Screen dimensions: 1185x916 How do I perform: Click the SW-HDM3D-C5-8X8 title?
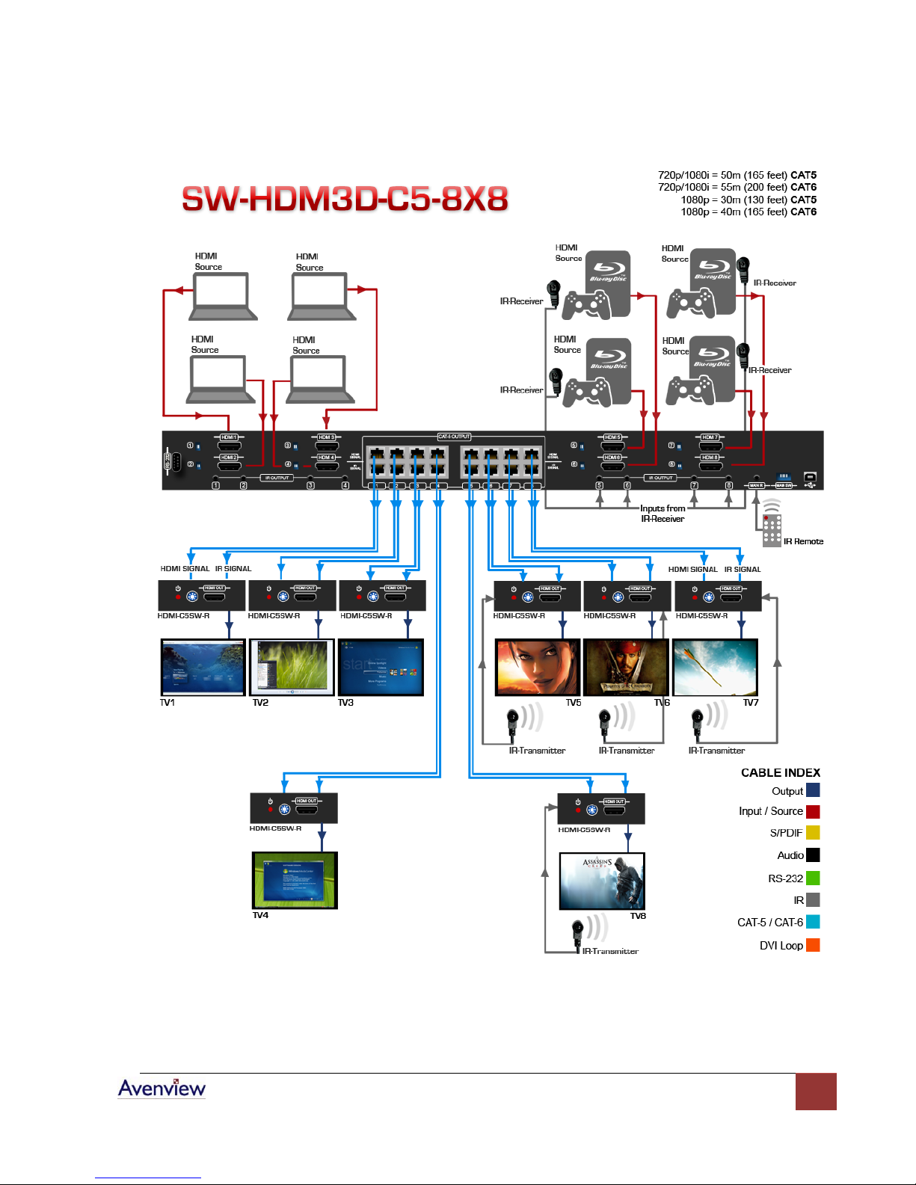click(345, 199)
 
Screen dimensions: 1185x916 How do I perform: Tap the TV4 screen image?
click(295, 880)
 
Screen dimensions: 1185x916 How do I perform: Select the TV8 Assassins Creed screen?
click(602, 881)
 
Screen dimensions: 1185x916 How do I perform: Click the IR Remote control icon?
click(772, 528)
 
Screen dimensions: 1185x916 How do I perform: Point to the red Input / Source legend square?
click(813, 811)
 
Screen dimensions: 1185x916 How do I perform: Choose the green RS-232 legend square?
click(813, 878)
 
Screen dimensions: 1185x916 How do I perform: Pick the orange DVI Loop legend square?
click(813, 945)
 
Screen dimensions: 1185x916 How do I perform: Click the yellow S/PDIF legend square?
click(813, 832)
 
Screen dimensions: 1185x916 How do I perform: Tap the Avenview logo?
click(162, 1089)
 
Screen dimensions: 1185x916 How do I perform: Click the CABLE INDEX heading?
click(780, 772)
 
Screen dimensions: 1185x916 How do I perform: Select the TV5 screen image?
click(538, 667)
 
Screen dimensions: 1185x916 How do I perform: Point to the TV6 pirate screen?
click(626, 667)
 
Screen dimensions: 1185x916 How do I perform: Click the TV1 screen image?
click(203, 667)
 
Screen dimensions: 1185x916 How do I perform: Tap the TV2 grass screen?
click(292, 667)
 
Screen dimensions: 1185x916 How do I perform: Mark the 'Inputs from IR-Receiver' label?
click(662, 514)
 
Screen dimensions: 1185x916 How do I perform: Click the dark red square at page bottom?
click(816, 1092)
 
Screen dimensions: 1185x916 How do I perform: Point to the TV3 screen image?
click(381, 667)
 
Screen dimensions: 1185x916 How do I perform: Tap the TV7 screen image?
click(715, 667)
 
